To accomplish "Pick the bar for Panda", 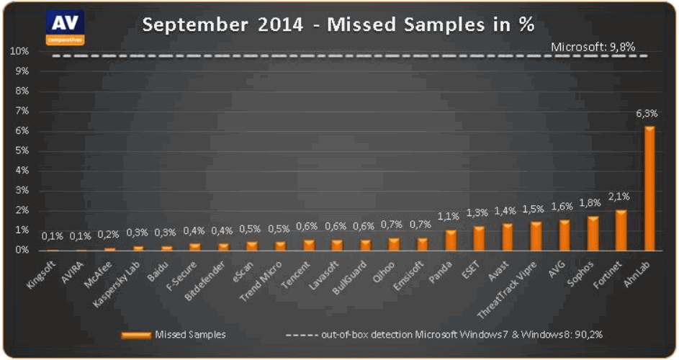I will pyautogui.click(x=451, y=240).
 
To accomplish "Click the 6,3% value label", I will pyautogui.click(x=646, y=114).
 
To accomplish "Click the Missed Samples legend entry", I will pyautogui.click(x=173, y=335).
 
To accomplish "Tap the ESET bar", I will pyautogui.click(x=479, y=238).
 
